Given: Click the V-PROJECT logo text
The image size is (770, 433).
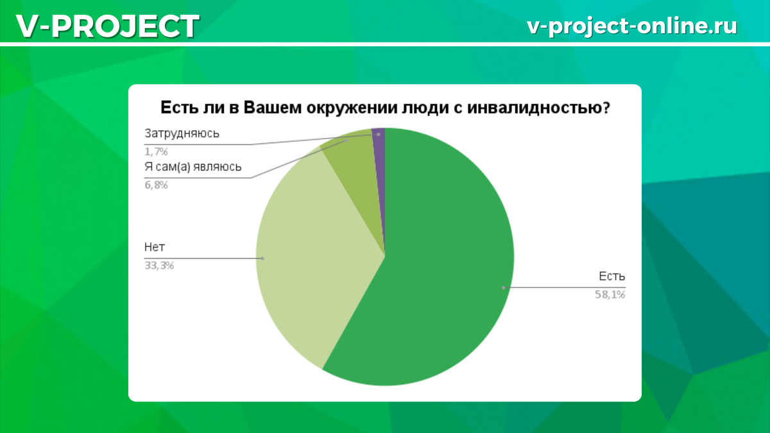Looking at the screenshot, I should click(107, 26).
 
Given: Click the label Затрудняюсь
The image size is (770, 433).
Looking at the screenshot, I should click(182, 134).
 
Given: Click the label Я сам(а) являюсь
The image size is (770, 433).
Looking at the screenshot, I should click(193, 167).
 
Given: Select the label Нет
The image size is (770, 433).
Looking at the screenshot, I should click(151, 247).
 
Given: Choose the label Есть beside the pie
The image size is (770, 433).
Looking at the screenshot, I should click(612, 276).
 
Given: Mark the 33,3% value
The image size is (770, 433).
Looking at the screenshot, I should click(159, 265).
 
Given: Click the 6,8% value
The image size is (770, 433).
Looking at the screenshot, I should click(156, 185).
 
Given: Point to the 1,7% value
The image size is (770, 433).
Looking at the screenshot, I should click(156, 152).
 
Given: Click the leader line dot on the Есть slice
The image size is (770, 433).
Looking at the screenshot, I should click(504, 287).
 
